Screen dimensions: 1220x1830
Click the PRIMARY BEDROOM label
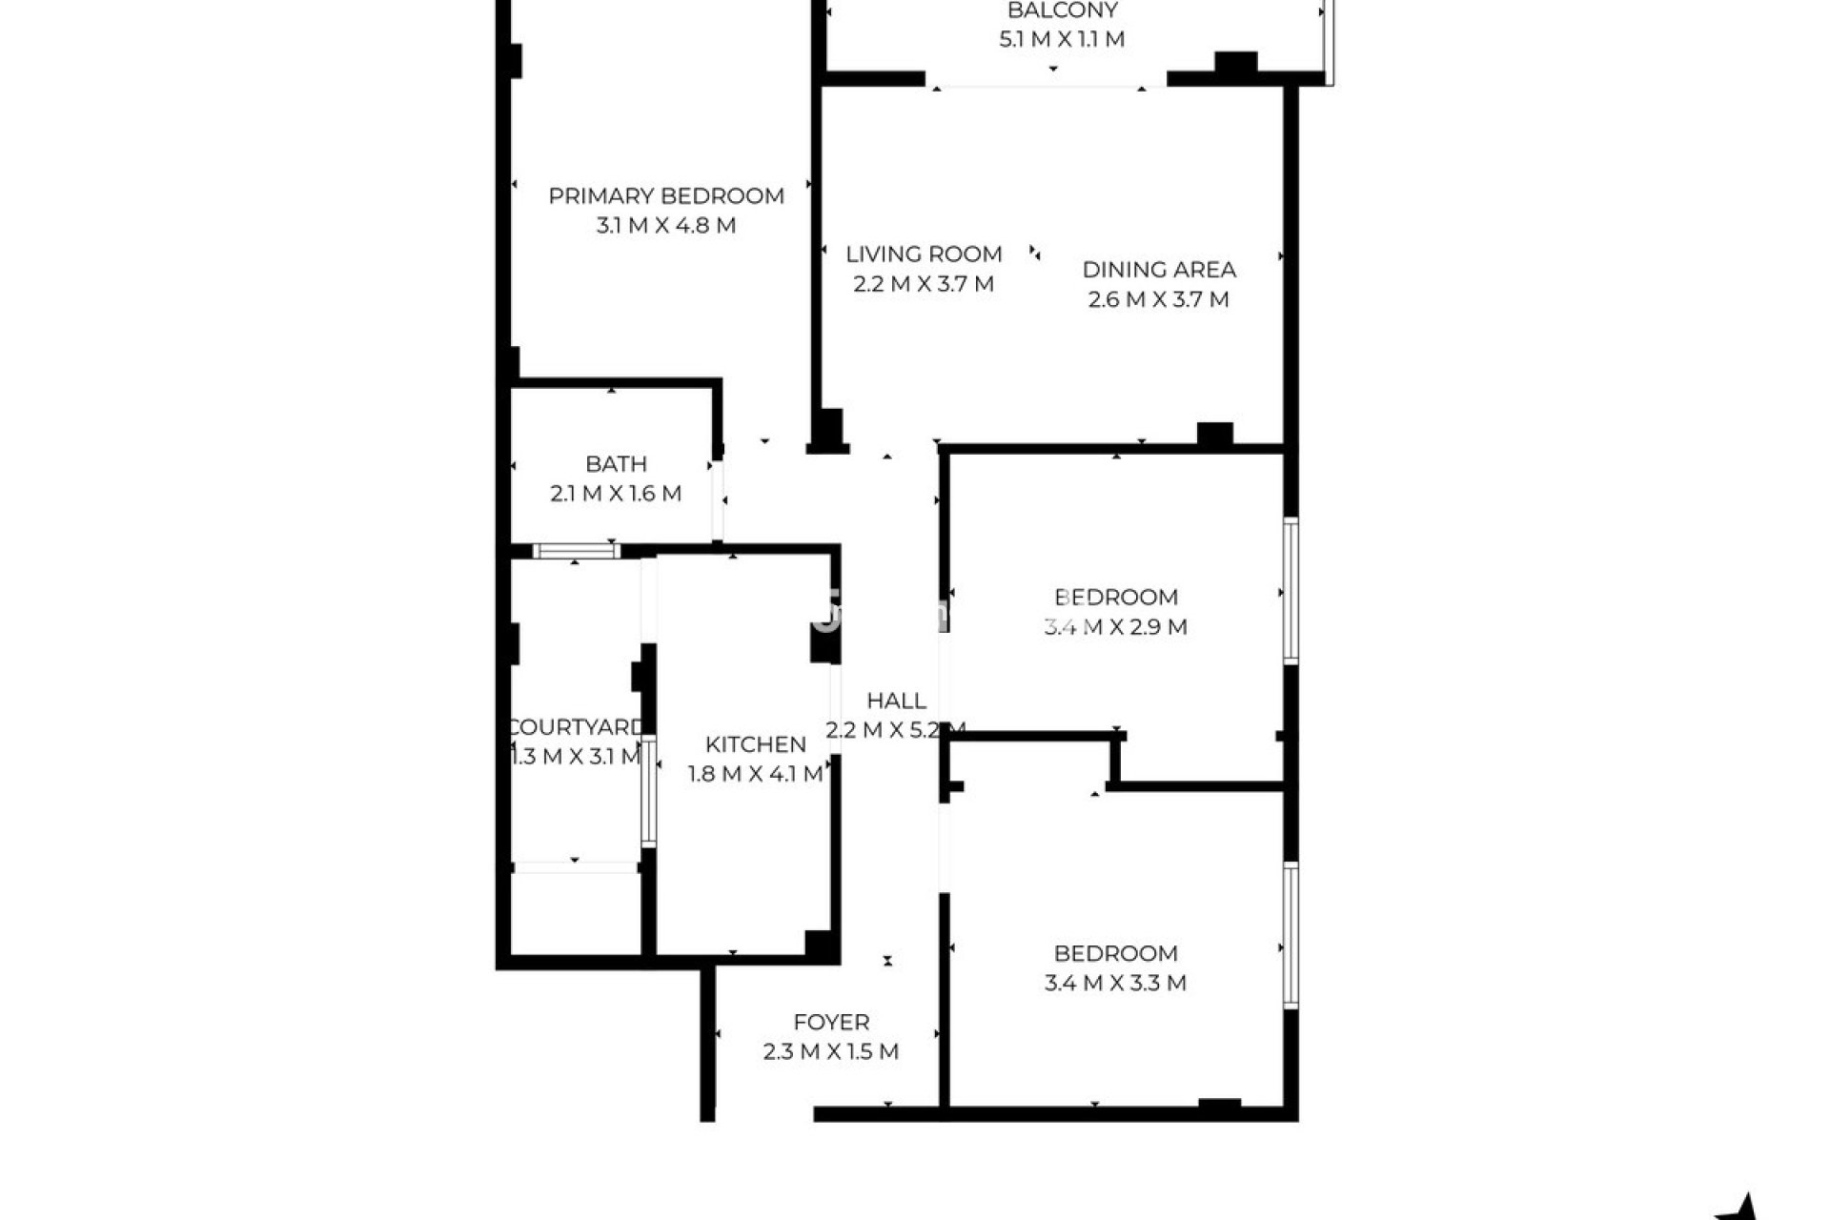click(666, 196)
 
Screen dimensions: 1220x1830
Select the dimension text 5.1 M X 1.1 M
click(1062, 39)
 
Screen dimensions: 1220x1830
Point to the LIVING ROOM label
click(924, 254)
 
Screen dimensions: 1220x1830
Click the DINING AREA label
click(1159, 270)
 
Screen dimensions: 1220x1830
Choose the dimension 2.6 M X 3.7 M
click(1159, 299)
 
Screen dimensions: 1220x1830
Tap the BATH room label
click(616, 464)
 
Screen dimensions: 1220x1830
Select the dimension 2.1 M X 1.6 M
click(616, 494)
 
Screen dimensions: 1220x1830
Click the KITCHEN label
click(756, 744)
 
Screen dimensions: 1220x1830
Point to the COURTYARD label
click(577, 728)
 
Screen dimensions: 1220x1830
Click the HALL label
click(896, 701)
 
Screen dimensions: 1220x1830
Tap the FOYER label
click(831, 1023)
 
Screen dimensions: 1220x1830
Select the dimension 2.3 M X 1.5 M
click(831, 1052)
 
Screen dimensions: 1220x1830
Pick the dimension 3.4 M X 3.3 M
click(1115, 983)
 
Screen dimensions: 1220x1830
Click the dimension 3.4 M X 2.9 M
click(1115, 627)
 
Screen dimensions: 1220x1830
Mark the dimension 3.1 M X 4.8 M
click(666, 226)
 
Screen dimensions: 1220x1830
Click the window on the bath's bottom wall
click(576, 551)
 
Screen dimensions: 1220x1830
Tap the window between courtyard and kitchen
click(648, 791)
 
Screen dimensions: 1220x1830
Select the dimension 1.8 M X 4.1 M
click(756, 774)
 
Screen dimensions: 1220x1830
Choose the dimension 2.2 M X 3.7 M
click(924, 284)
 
